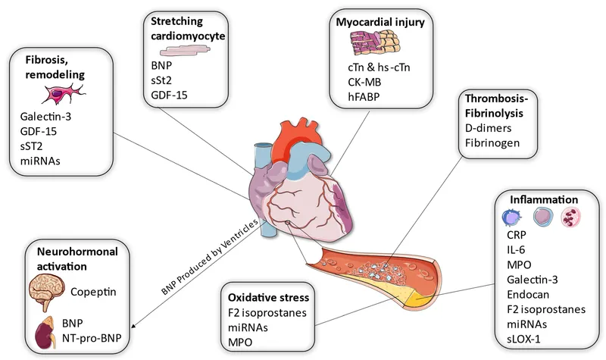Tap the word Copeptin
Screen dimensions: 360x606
tap(96, 291)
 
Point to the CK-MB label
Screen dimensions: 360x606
tap(357, 81)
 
